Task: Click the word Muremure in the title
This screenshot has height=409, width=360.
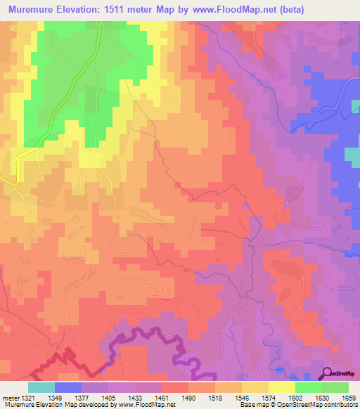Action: [x=32, y=9]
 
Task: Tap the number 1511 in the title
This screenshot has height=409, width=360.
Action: [x=131, y=9]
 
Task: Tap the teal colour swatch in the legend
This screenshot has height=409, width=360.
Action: [x=41, y=387]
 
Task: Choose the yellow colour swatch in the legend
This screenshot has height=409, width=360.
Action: [x=281, y=387]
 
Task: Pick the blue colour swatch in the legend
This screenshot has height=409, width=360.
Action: [x=68, y=387]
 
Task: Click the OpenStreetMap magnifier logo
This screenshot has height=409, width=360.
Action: [x=328, y=373]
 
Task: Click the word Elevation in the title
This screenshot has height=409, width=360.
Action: [x=88, y=9]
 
